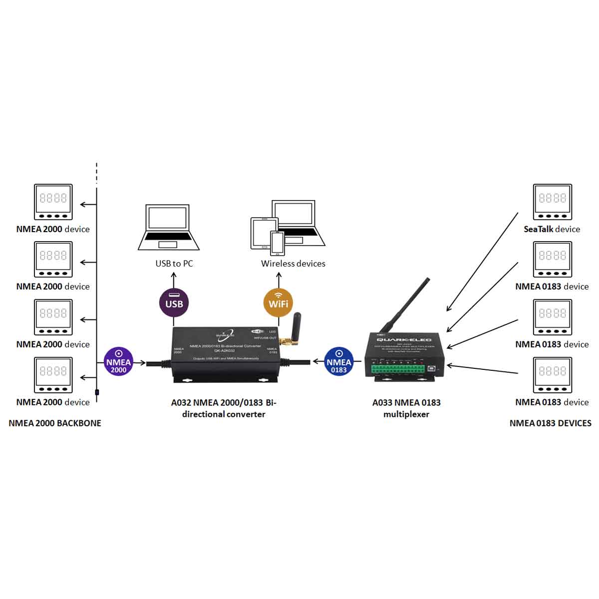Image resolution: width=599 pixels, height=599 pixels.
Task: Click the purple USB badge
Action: [174, 302]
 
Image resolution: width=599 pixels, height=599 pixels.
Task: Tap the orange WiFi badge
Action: [278, 302]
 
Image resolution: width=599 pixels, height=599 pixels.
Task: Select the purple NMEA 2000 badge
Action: [118, 362]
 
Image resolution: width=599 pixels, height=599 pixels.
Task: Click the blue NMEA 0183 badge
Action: [339, 362]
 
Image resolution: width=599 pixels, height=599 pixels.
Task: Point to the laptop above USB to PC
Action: [169, 227]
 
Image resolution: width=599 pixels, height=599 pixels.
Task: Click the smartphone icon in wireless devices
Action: [277, 243]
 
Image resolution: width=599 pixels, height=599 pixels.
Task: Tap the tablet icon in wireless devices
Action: [262, 233]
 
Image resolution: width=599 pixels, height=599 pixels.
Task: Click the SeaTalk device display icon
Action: [552, 202]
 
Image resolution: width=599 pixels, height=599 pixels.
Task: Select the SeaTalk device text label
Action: [552, 229]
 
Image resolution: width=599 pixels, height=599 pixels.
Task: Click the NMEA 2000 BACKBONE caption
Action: [55, 423]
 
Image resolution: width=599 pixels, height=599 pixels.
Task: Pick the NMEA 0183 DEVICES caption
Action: [550, 423]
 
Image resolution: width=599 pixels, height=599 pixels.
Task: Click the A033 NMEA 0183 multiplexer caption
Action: [406, 408]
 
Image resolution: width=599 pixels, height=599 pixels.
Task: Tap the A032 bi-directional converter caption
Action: [224, 408]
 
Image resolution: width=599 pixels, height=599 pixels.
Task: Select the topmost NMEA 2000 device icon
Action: [53, 202]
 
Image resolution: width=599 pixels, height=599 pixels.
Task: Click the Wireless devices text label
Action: [293, 264]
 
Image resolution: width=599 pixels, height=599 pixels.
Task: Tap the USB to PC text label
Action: [174, 264]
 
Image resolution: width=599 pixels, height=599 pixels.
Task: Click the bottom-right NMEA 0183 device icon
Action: [552, 375]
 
